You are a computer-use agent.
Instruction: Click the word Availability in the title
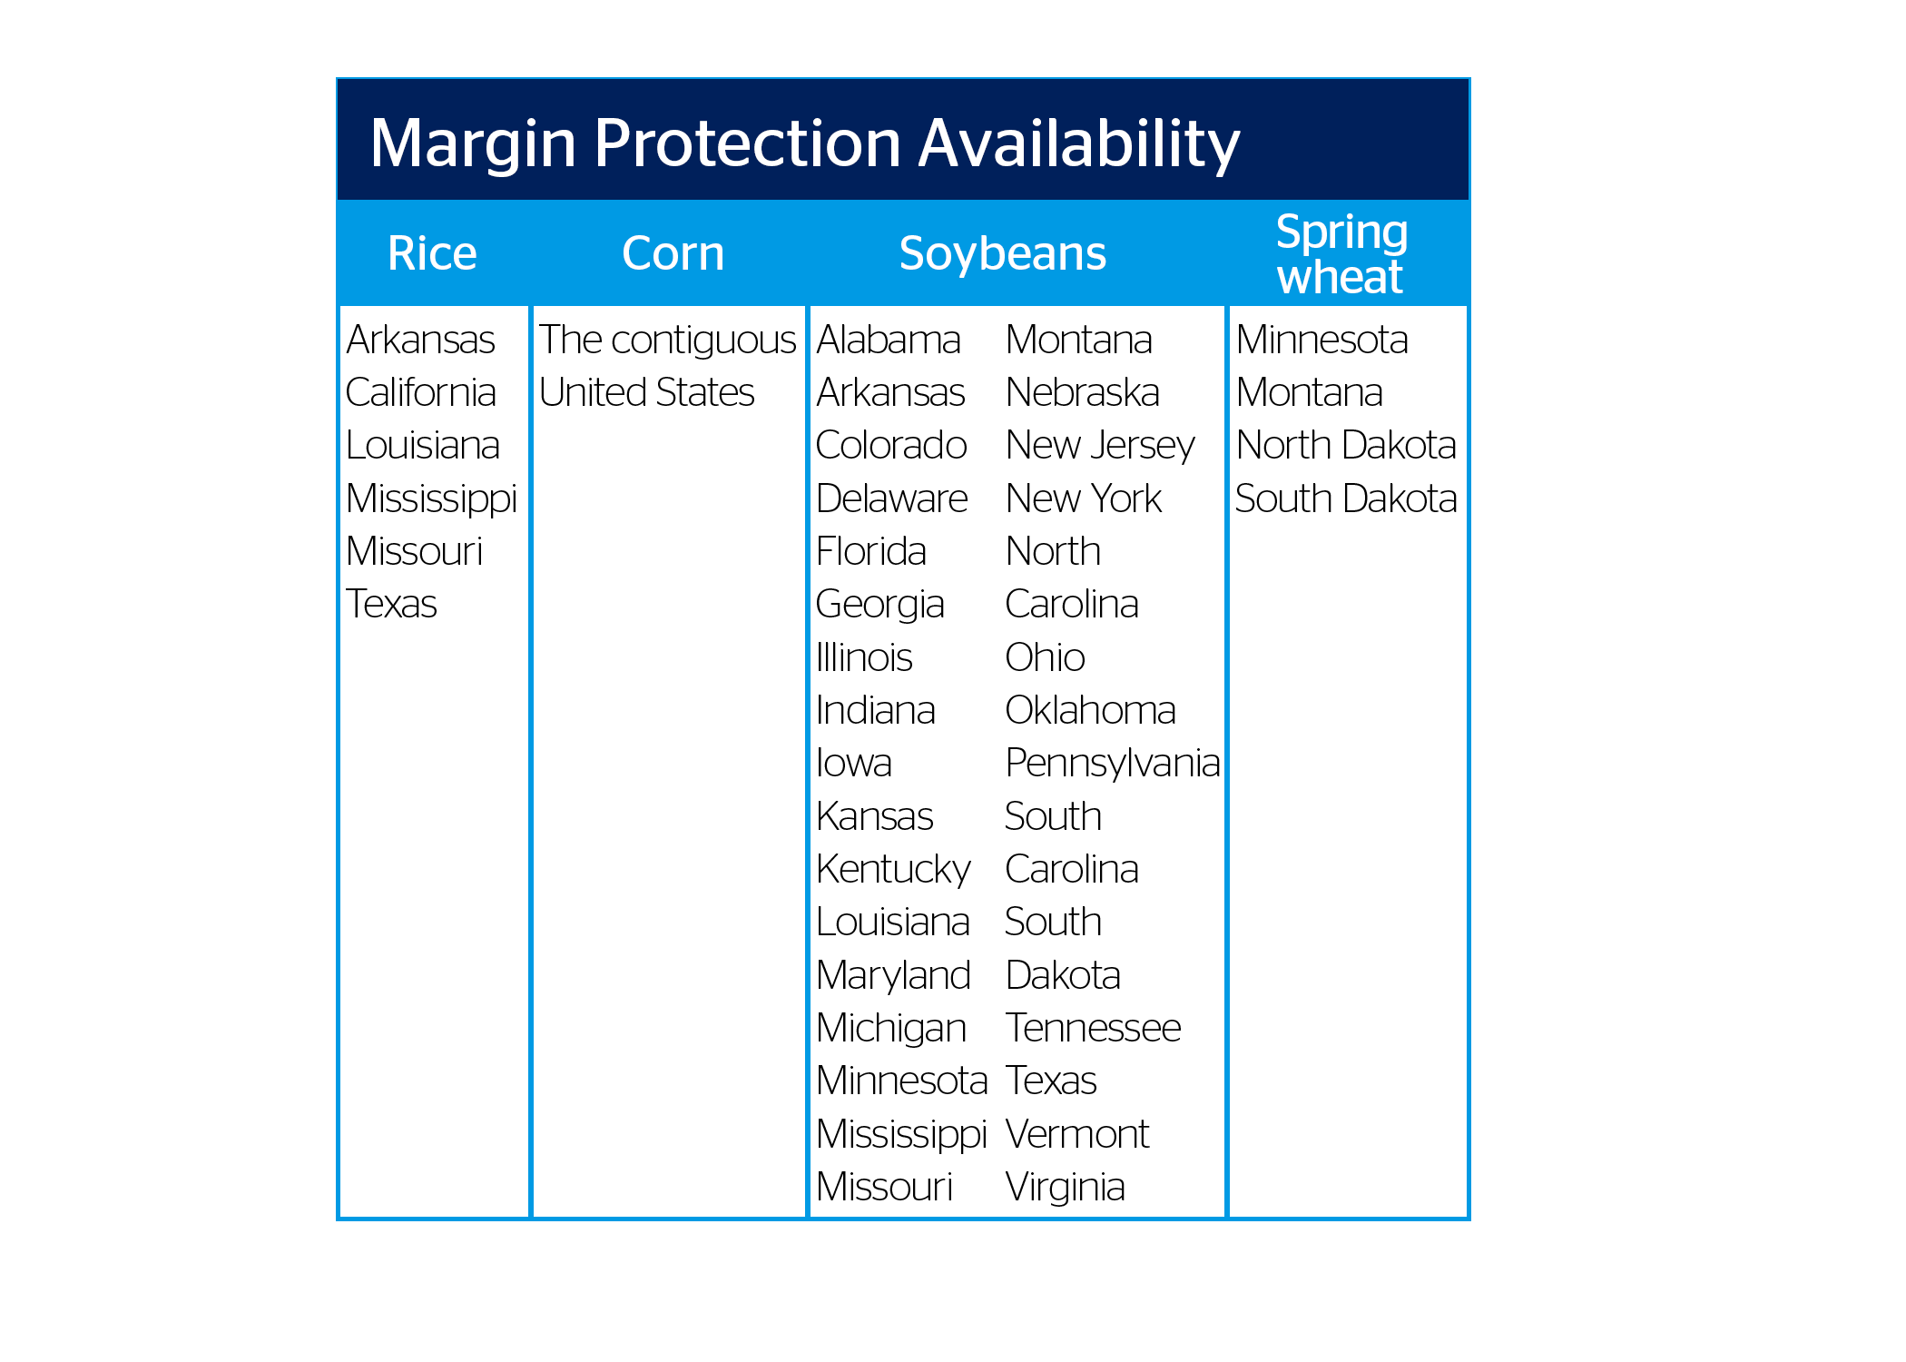click(1079, 145)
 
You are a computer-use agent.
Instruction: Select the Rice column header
click(432, 253)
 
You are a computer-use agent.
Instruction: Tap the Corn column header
click(673, 253)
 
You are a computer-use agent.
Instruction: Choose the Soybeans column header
click(1003, 253)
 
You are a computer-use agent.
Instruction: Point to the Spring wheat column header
click(1341, 254)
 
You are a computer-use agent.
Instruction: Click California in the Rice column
click(420, 392)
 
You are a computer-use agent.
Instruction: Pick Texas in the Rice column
click(391, 604)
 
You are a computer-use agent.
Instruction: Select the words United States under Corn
click(646, 392)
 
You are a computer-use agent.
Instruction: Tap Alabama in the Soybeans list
click(888, 340)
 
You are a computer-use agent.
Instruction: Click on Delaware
click(891, 498)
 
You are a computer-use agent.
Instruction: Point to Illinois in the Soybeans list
click(864, 656)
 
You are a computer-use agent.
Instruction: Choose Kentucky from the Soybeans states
click(893, 870)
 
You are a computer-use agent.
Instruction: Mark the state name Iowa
click(853, 763)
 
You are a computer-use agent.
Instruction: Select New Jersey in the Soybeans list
click(1100, 446)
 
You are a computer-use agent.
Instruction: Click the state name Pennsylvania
click(1113, 764)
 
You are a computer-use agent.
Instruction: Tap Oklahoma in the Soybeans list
click(1090, 710)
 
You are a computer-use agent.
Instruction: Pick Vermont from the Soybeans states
click(1077, 1134)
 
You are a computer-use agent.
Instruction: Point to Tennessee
click(1093, 1028)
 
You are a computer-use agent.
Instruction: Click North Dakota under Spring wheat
click(1346, 445)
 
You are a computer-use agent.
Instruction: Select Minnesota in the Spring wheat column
click(1321, 340)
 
